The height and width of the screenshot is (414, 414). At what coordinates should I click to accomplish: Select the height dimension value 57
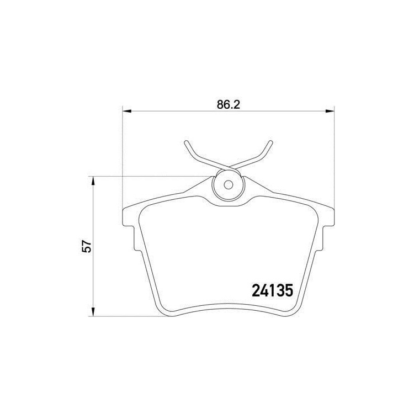(86, 246)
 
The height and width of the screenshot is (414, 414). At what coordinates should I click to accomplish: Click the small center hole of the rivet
(227, 184)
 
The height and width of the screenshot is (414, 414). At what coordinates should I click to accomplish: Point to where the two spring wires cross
(227, 167)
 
